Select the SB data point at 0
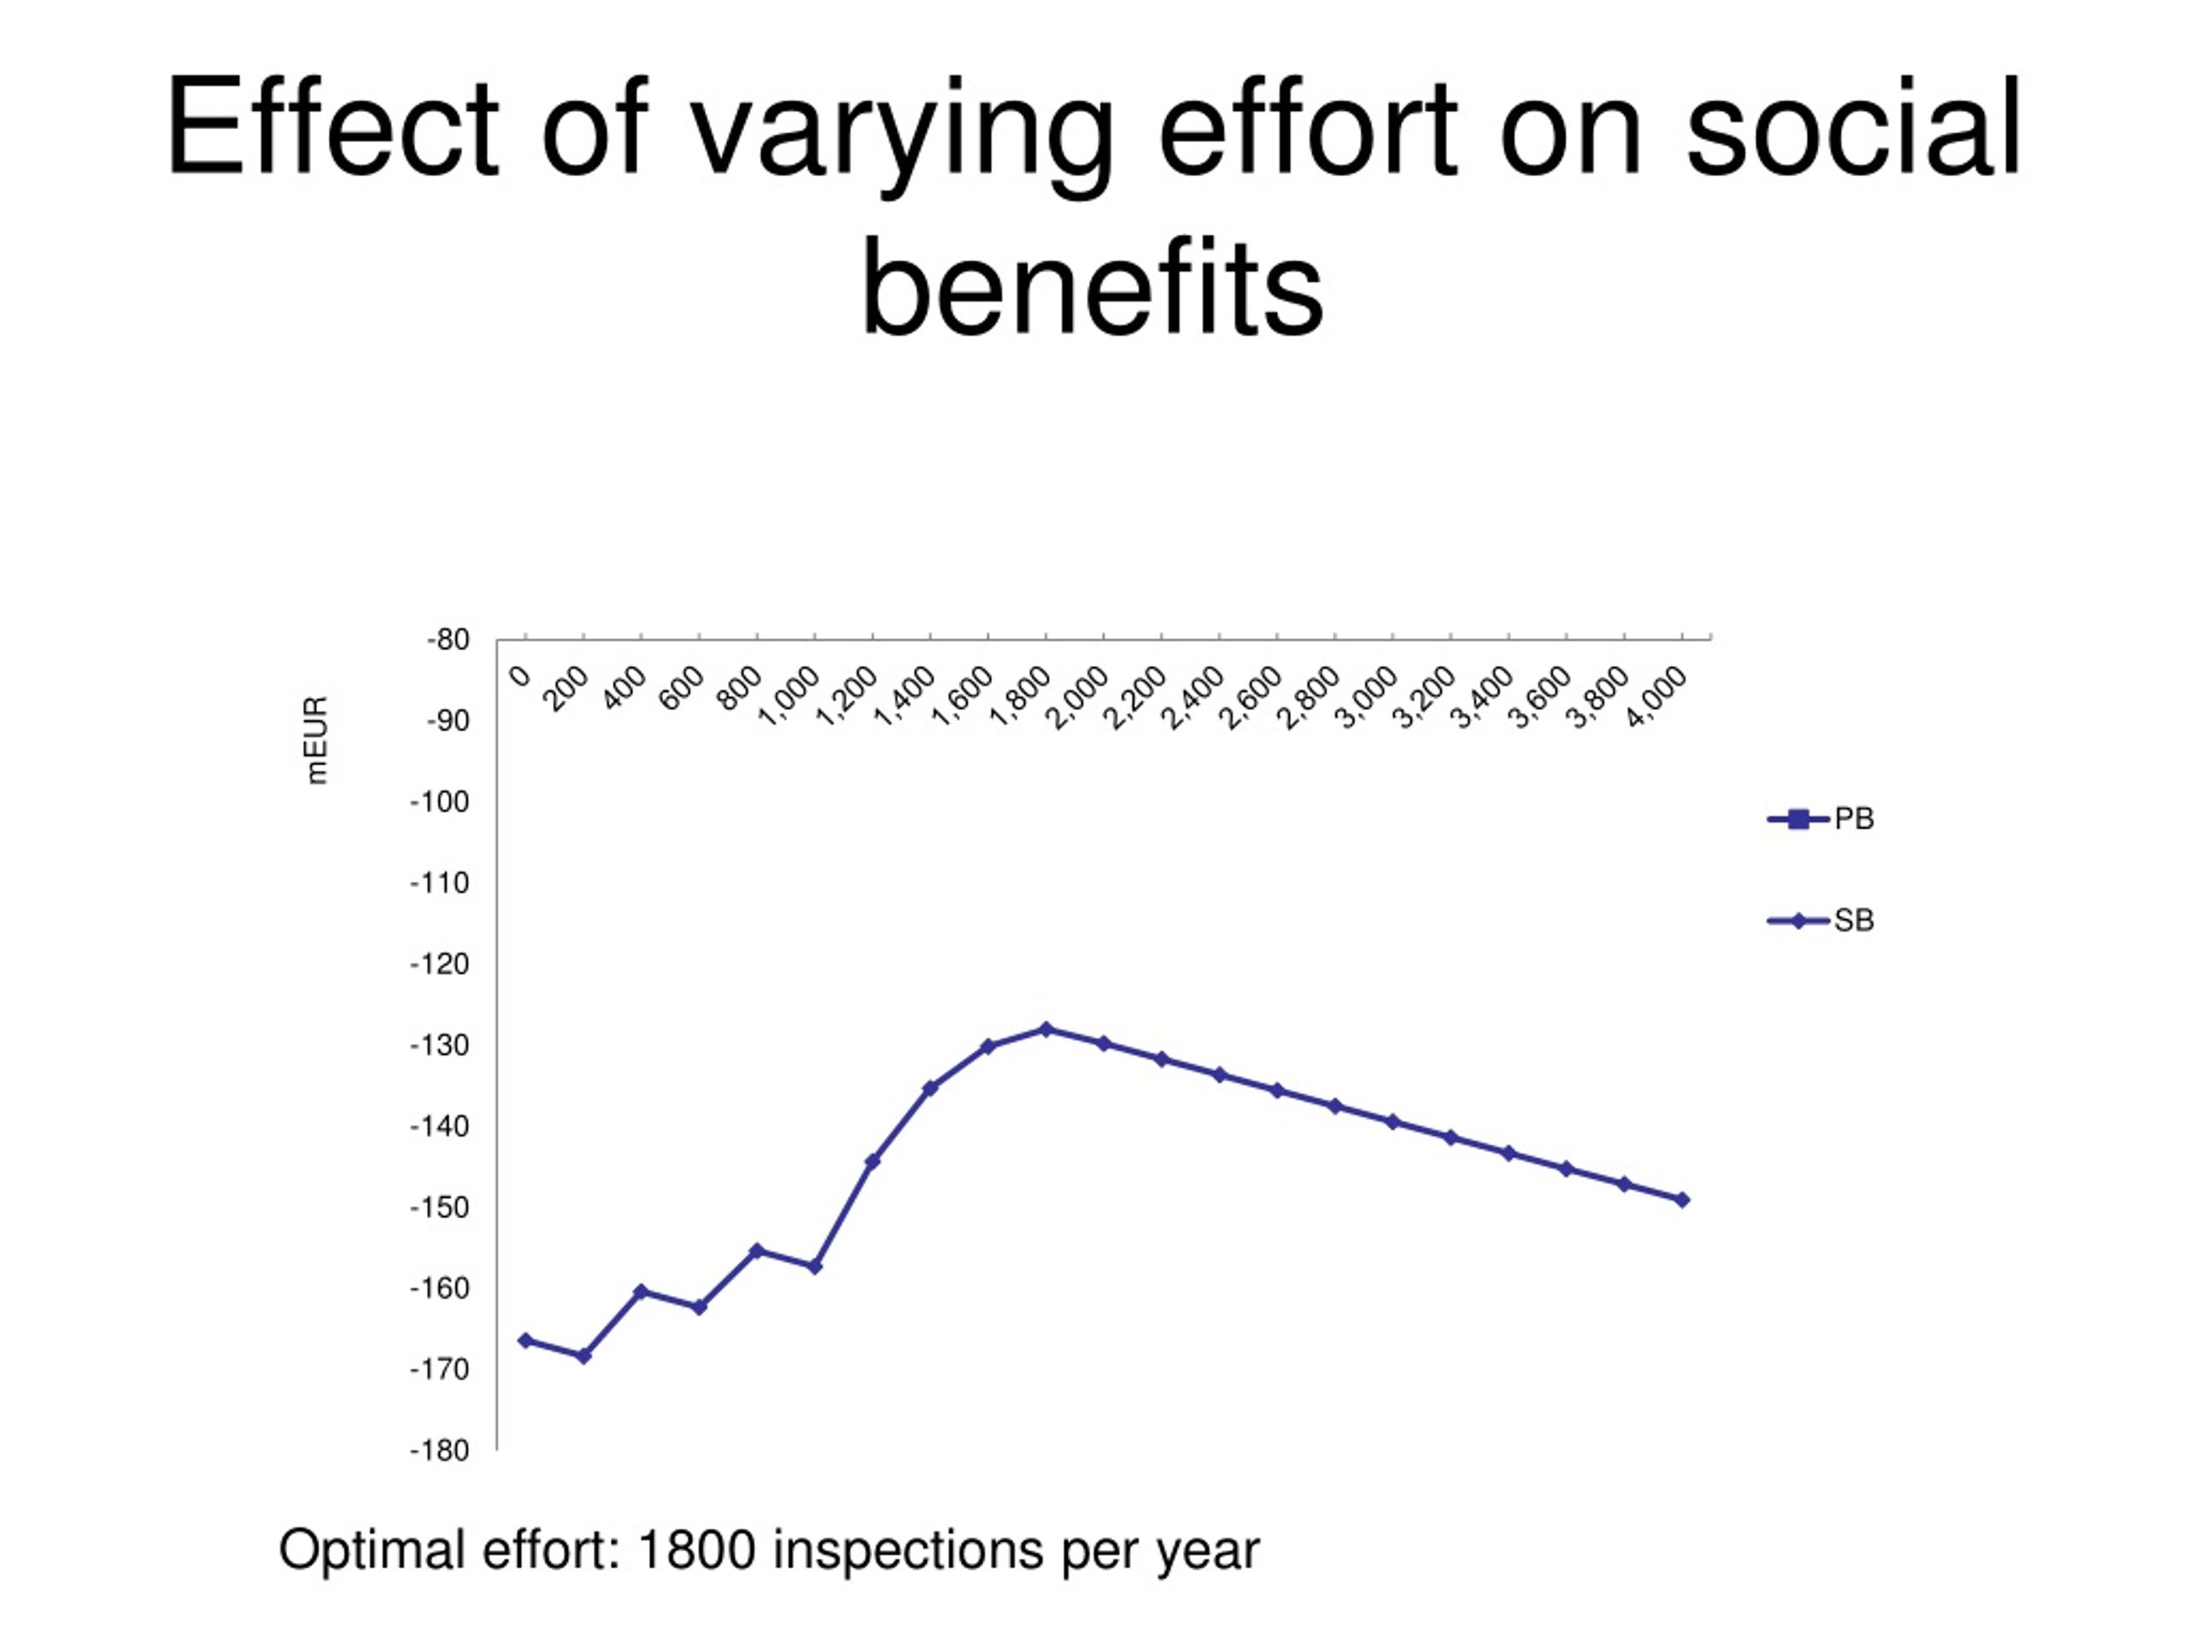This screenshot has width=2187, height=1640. click(x=525, y=1340)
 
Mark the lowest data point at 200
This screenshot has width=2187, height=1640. click(x=583, y=1356)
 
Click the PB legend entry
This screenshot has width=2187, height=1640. click(x=1821, y=818)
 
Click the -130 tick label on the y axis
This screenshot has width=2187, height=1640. click(x=439, y=1045)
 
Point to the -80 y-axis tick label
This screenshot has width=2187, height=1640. click(x=448, y=640)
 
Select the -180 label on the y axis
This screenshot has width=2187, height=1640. click(x=439, y=1450)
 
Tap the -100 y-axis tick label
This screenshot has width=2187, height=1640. click(x=439, y=802)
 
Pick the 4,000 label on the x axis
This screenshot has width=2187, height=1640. click(x=1656, y=697)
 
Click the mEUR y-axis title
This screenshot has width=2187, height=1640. click(x=315, y=741)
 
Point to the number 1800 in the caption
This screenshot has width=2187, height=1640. click(x=697, y=1549)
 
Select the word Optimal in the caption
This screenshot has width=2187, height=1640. click(x=372, y=1551)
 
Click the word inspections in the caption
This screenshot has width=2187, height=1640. click(x=907, y=1551)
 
